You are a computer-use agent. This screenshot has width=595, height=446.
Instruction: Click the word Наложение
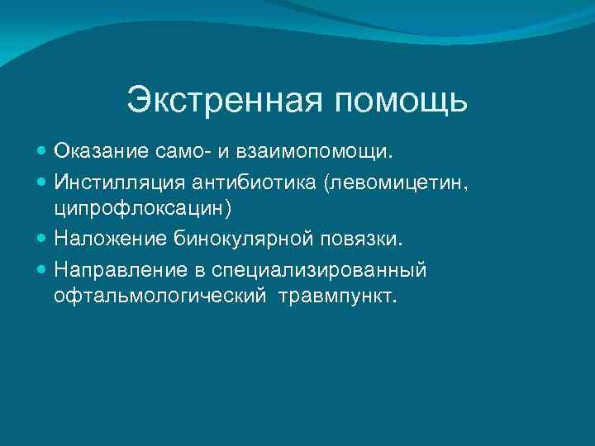click(x=114, y=239)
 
